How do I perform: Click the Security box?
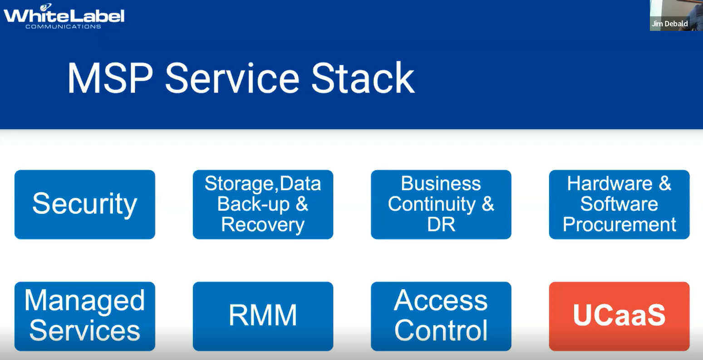[x=85, y=204]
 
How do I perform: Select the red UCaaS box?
[x=619, y=316]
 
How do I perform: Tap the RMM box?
[x=263, y=316]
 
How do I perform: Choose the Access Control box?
[x=441, y=316]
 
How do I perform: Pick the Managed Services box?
[x=85, y=316]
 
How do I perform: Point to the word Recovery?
[x=263, y=225]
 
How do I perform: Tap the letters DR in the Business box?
[x=441, y=224]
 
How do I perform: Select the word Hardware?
[x=610, y=183]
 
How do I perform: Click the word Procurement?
[x=619, y=224]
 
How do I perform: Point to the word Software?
[x=619, y=204]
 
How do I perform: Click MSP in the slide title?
[x=110, y=78]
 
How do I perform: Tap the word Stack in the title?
[x=363, y=78]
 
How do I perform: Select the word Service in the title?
[x=232, y=78]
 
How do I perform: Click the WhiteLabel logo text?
[x=64, y=15]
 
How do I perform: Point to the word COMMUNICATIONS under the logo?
[x=63, y=27]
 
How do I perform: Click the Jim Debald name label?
[x=670, y=24]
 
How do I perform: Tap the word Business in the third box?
[x=441, y=183]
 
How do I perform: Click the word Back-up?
[x=253, y=205]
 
